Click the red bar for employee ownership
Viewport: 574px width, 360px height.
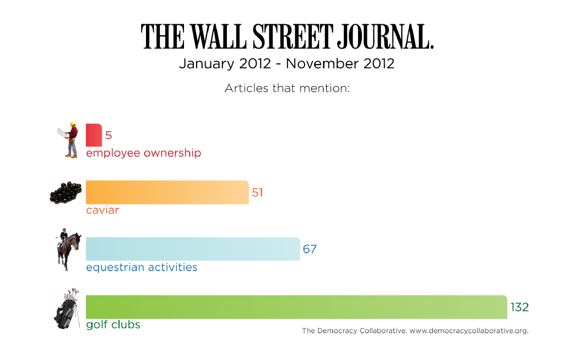tap(94, 135)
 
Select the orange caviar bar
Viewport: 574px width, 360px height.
tap(167, 192)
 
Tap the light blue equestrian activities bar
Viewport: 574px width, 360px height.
tap(193, 249)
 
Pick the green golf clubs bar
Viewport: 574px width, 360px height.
tap(296, 307)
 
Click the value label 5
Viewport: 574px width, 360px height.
tap(109, 136)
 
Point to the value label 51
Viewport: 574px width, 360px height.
tap(257, 192)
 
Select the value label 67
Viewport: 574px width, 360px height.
tap(310, 249)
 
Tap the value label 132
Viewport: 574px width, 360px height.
tap(519, 307)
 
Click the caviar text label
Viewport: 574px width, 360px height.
tap(102, 210)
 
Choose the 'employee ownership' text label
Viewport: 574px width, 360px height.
tap(143, 153)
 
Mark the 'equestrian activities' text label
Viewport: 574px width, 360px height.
tap(142, 267)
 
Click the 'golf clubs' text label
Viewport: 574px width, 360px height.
tap(113, 325)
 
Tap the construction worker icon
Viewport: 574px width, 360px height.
tap(69, 139)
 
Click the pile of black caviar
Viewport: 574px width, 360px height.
tap(66, 193)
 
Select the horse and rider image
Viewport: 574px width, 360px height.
tap(68, 250)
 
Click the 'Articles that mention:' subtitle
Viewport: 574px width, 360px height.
tap(287, 88)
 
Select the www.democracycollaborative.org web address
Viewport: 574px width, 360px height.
tap(469, 331)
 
